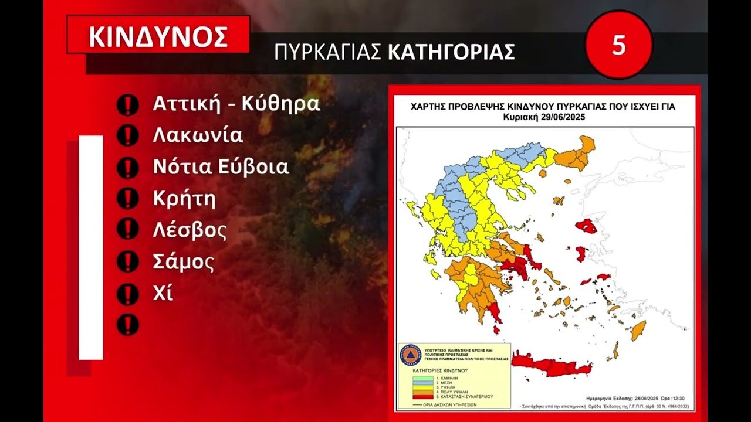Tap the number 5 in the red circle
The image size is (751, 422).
(x=619, y=45)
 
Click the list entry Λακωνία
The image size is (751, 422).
(x=198, y=135)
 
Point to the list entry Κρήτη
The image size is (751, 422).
(x=184, y=199)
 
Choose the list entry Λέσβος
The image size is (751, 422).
(x=190, y=230)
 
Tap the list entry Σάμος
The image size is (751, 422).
(x=184, y=262)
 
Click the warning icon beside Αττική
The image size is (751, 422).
(x=127, y=105)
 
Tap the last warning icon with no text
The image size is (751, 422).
(x=127, y=325)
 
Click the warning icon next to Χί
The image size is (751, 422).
(x=127, y=294)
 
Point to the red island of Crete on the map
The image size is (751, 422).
(x=546, y=366)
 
